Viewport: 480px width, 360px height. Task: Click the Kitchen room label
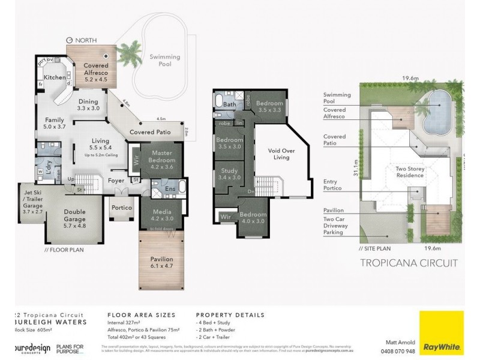coord(54,78)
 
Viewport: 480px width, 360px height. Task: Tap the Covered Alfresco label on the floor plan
coord(95,70)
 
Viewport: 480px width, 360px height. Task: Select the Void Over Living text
coord(281,154)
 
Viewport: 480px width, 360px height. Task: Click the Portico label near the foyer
coord(122,208)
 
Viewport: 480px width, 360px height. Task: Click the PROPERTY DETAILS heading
coord(230,314)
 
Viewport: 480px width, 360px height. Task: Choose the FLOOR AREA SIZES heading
coord(141,314)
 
